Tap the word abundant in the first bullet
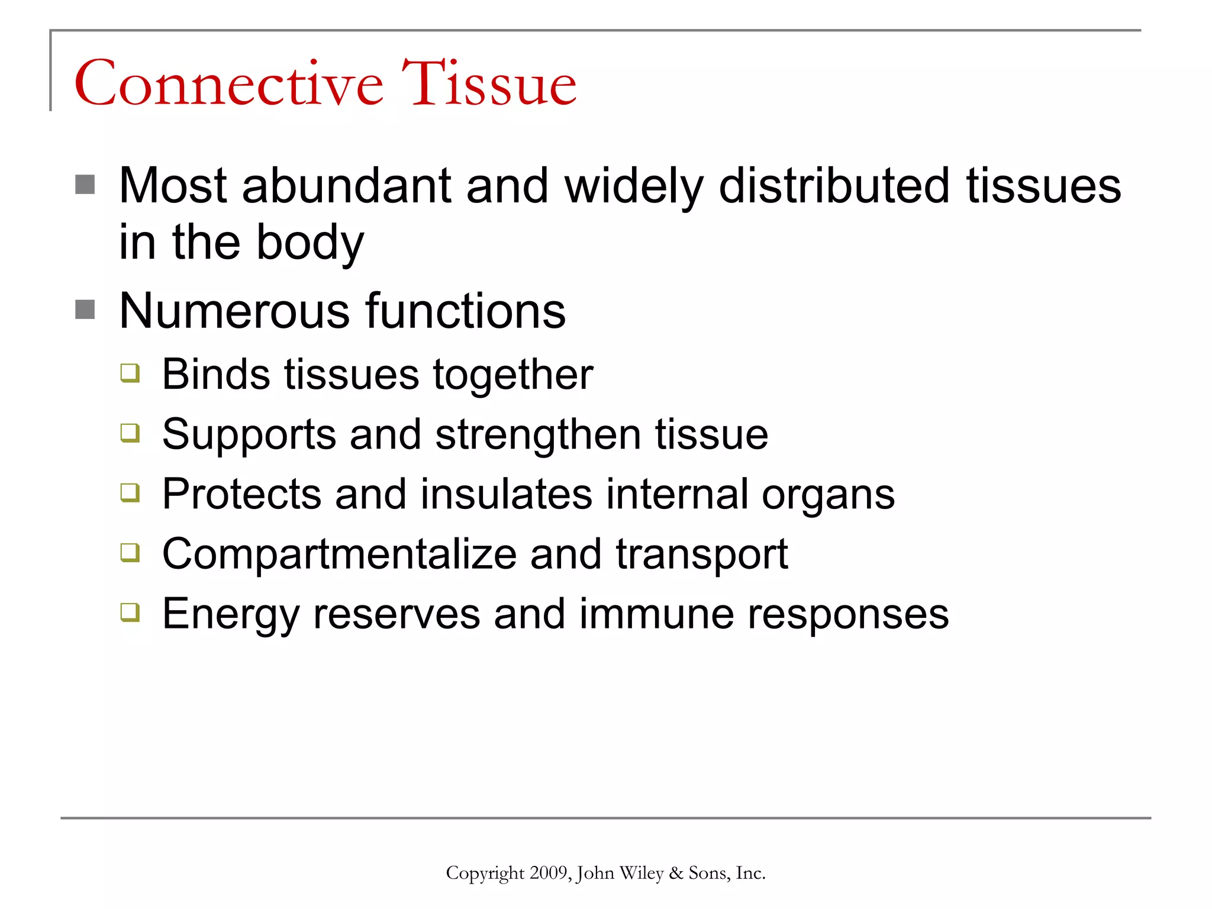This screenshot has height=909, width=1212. (x=346, y=186)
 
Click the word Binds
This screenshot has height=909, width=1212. (x=215, y=375)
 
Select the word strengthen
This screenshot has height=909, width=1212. (x=538, y=436)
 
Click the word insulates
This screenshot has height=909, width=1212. (x=506, y=494)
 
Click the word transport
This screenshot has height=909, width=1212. (x=701, y=555)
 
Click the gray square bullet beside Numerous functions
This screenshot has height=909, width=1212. (x=85, y=310)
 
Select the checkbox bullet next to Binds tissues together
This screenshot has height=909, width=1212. (x=130, y=373)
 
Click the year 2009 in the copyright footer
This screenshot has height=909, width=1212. (x=548, y=873)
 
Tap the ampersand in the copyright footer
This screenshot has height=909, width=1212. (x=675, y=873)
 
